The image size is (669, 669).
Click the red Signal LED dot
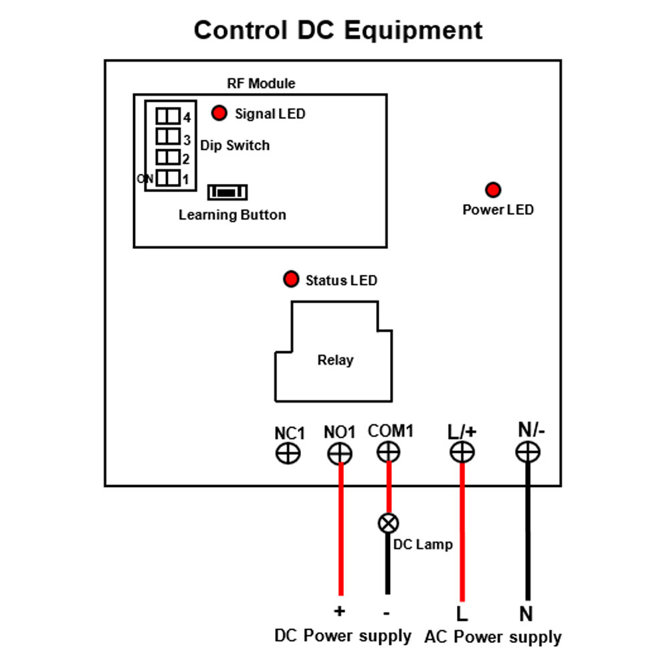pyautogui.click(x=219, y=113)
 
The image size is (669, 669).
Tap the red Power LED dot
pyautogui.click(x=493, y=190)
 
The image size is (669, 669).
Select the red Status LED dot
pyautogui.click(x=291, y=279)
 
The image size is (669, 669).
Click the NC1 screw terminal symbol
pyautogui.click(x=288, y=453)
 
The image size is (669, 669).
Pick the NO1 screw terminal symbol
pyautogui.click(x=340, y=453)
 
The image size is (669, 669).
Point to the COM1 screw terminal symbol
pyautogui.click(x=389, y=452)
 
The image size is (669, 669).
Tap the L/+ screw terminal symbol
pyautogui.click(x=462, y=452)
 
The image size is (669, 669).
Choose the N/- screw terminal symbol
pyautogui.click(x=528, y=452)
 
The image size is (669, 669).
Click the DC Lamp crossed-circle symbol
pyautogui.click(x=388, y=523)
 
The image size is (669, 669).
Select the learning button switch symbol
pyautogui.click(x=227, y=192)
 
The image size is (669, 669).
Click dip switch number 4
pyautogui.click(x=168, y=116)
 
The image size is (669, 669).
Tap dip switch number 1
pyautogui.click(x=168, y=178)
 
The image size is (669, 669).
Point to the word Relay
pyautogui.click(x=335, y=360)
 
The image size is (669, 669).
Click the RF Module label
pyautogui.click(x=261, y=83)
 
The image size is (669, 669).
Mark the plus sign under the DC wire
pyautogui.click(x=340, y=611)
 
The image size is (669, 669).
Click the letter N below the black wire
pyautogui.click(x=526, y=614)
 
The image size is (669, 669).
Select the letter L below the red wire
pyautogui.click(x=462, y=614)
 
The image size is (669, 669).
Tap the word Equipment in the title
pyautogui.click(x=413, y=31)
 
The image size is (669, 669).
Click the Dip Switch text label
pyautogui.click(x=235, y=145)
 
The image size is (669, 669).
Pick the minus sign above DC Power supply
pyautogui.click(x=387, y=613)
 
